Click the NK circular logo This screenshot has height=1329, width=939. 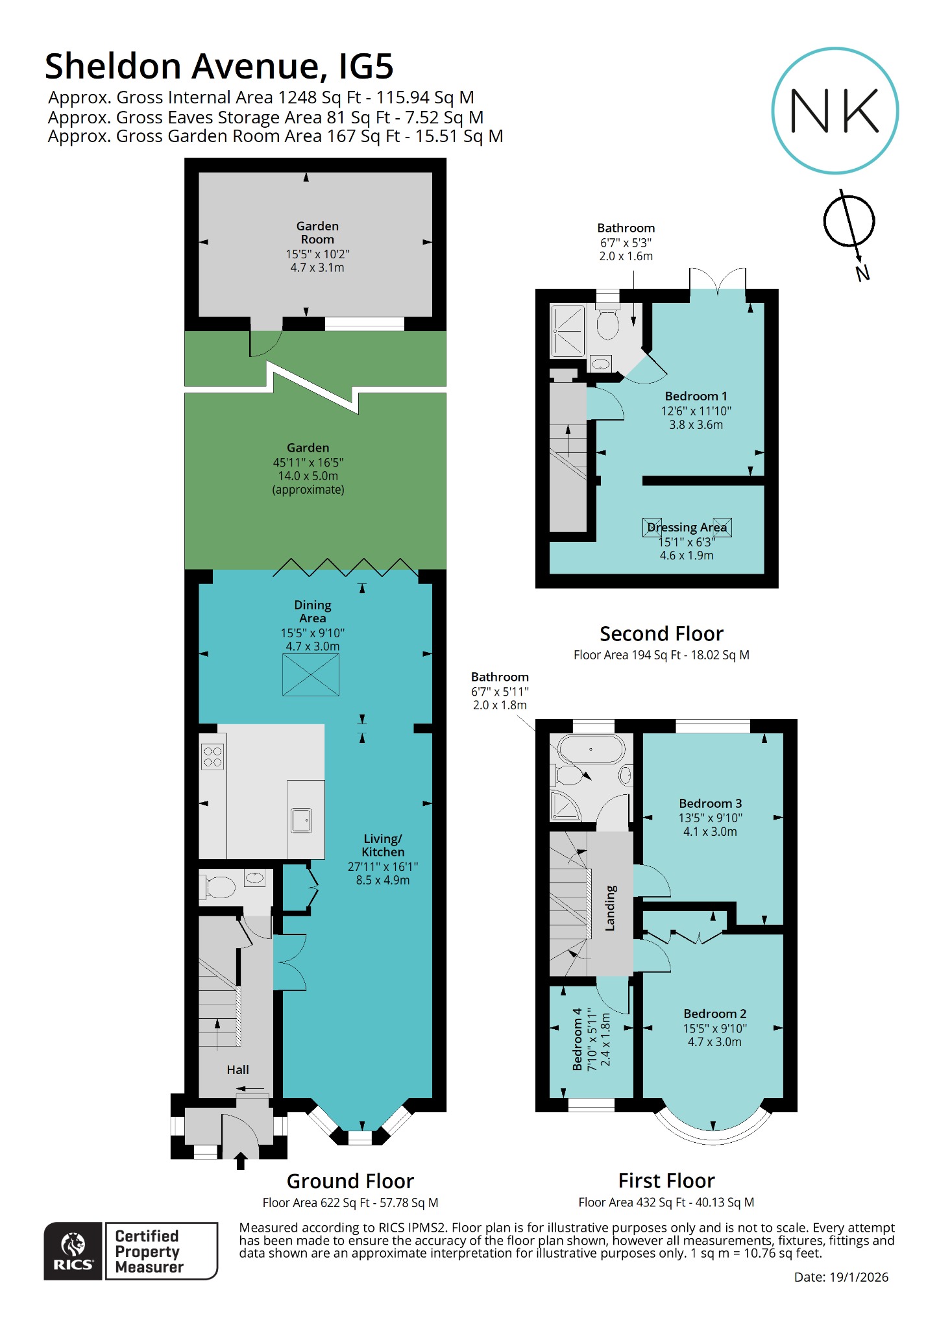(835, 110)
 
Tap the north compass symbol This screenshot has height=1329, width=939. (849, 221)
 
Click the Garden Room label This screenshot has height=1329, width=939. (317, 232)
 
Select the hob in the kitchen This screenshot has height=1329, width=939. (213, 757)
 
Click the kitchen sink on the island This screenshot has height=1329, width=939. (301, 820)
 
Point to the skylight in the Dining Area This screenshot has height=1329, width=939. (311, 675)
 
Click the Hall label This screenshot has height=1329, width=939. (238, 1069)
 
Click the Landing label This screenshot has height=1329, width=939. (610, 908)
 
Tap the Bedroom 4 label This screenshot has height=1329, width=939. (577, 1039)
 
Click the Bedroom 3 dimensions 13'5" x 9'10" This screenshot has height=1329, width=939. (710, 818)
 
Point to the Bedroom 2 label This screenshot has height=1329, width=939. (714, 1014)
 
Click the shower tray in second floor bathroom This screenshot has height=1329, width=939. (568, 331)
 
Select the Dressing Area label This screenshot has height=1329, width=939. (687, 528)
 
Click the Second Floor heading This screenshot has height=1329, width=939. (661, 633)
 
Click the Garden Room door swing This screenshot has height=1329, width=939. (265, 343)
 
